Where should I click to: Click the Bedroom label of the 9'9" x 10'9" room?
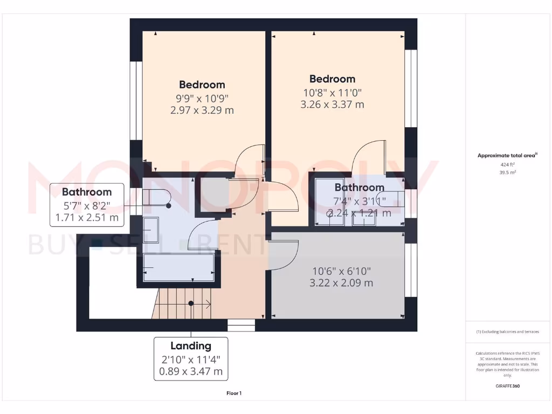(202, 85)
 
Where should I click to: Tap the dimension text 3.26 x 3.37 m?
(332, 105)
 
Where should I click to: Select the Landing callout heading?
(191, 346)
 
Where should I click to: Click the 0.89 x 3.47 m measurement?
(191, 371)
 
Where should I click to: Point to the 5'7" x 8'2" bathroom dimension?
(87, 205)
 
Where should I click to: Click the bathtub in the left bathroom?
(179, 267)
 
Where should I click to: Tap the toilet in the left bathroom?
(156, 197)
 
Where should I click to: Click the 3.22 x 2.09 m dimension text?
(341, 282)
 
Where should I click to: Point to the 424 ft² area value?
(507, 165)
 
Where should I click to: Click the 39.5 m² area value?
(507, 172)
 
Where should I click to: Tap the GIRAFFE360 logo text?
(507, 386)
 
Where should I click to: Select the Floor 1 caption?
(233, 394)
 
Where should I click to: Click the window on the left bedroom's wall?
(135, 101)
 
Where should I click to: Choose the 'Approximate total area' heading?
(507, 156)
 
